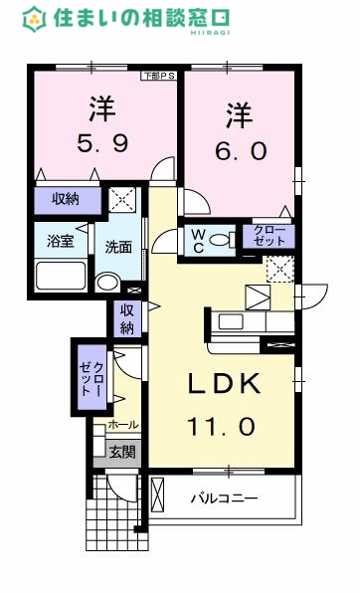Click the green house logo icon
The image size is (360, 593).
coord(35,17)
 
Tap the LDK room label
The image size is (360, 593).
coord(221,383)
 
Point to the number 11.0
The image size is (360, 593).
coord(221,426)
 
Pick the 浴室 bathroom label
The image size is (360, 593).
coord(61,241)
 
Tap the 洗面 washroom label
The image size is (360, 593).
coord(119,248)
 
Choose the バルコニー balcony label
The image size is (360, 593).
coord(225,497)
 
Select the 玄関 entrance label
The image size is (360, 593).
coord(123,453)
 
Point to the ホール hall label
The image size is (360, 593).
coord(123,425)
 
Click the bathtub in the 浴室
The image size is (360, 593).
coord(61,274)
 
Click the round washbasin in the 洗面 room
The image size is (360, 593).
coord(106,280)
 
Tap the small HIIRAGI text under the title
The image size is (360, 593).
coord(202,33)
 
